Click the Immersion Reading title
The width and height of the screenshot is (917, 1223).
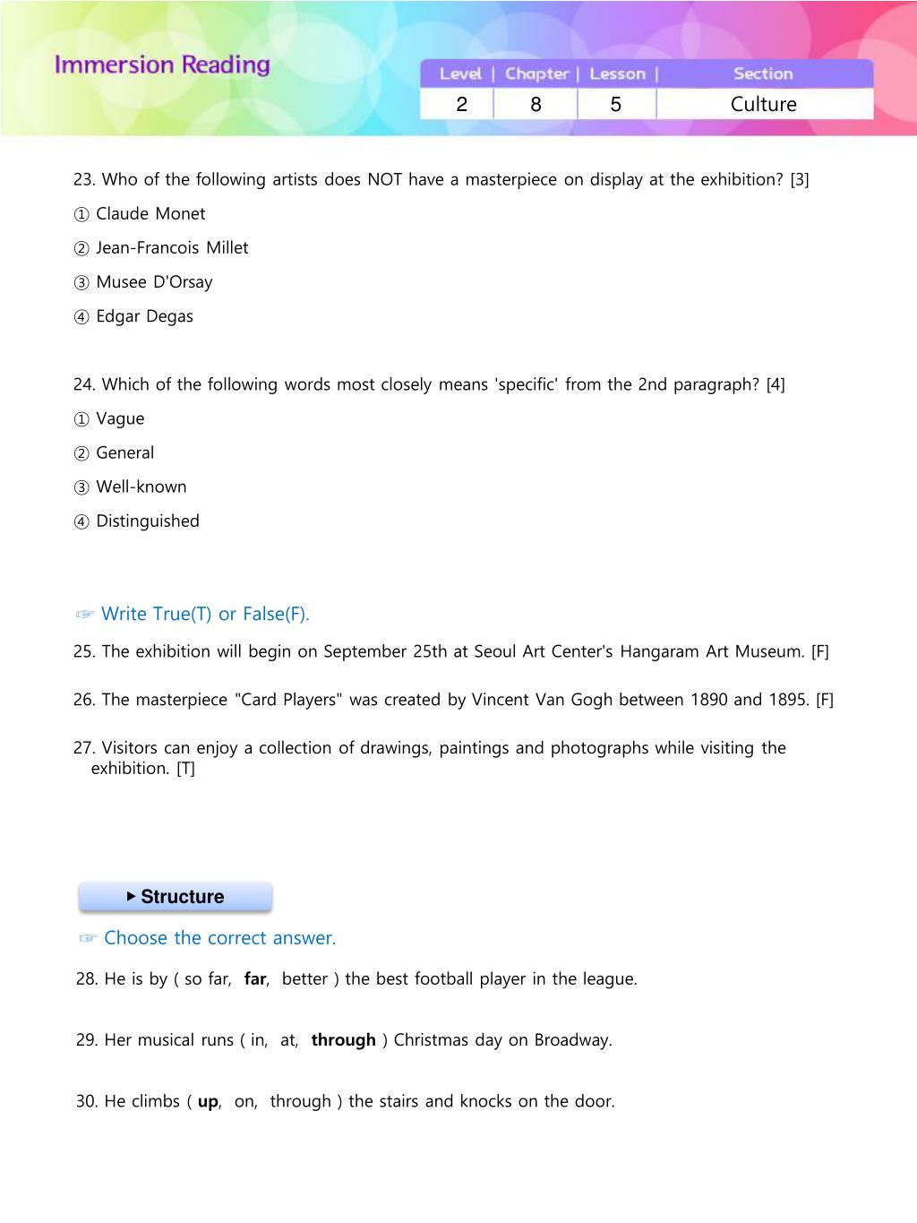coord(162,65)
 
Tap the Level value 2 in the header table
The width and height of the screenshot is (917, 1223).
coord(461,105)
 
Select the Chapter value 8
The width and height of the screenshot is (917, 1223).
coord(536,105)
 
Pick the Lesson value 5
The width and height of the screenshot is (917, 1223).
coord(615,105)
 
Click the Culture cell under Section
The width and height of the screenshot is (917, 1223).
coord(763,105)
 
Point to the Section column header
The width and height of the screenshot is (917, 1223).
coord(763,74)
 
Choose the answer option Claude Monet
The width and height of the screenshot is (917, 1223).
coord(150,214)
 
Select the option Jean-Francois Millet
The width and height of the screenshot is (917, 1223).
coord(171,248)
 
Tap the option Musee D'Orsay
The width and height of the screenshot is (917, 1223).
coord(153,282)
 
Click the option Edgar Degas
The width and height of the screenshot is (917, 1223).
coord(143,316)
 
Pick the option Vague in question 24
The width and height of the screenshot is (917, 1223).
coord(119,419)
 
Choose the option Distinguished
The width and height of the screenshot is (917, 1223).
coord(147,521)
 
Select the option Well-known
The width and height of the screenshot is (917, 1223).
coord(141,487)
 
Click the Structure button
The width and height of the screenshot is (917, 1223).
coord(176,897)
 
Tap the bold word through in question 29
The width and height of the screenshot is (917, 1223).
coord(343,1040)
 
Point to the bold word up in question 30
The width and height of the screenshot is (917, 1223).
coord(208,1102)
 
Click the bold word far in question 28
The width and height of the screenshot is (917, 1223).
coord(255,979)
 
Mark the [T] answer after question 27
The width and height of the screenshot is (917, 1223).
coord(185,769)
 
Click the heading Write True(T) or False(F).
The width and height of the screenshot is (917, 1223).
coord(204,615)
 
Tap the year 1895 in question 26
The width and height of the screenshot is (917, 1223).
coord(787,700)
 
